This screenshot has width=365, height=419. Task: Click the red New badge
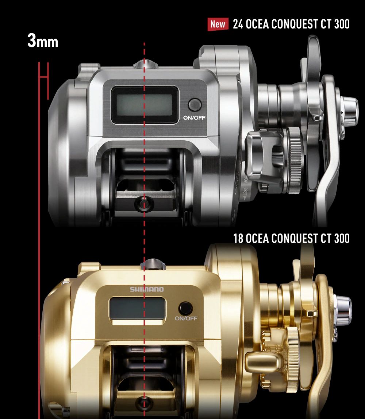point(218,24)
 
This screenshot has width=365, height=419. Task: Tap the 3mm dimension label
point(43,41)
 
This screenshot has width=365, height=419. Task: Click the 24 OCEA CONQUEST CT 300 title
point(291,24)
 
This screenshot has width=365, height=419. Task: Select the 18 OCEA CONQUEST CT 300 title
point(291,238)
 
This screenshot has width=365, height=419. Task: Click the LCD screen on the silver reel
point(145,105)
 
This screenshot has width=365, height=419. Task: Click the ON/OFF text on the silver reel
point(195,118)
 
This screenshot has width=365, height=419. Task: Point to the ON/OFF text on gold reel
point(186,318)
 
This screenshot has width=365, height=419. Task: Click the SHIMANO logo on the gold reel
point(147,289)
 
